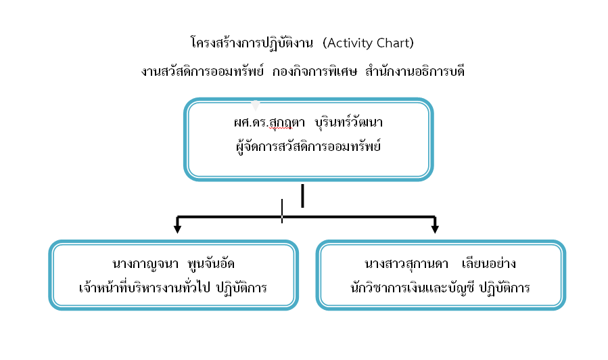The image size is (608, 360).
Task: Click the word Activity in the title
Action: coord(351,43)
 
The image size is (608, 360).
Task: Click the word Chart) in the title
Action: coord(396,43)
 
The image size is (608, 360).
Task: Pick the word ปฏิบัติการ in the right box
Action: coord(504,288)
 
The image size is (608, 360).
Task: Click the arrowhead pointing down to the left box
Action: coord(177,229)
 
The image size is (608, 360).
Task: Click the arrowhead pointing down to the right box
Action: coord(435,229)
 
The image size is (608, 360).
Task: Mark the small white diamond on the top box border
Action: coord(255,105)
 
